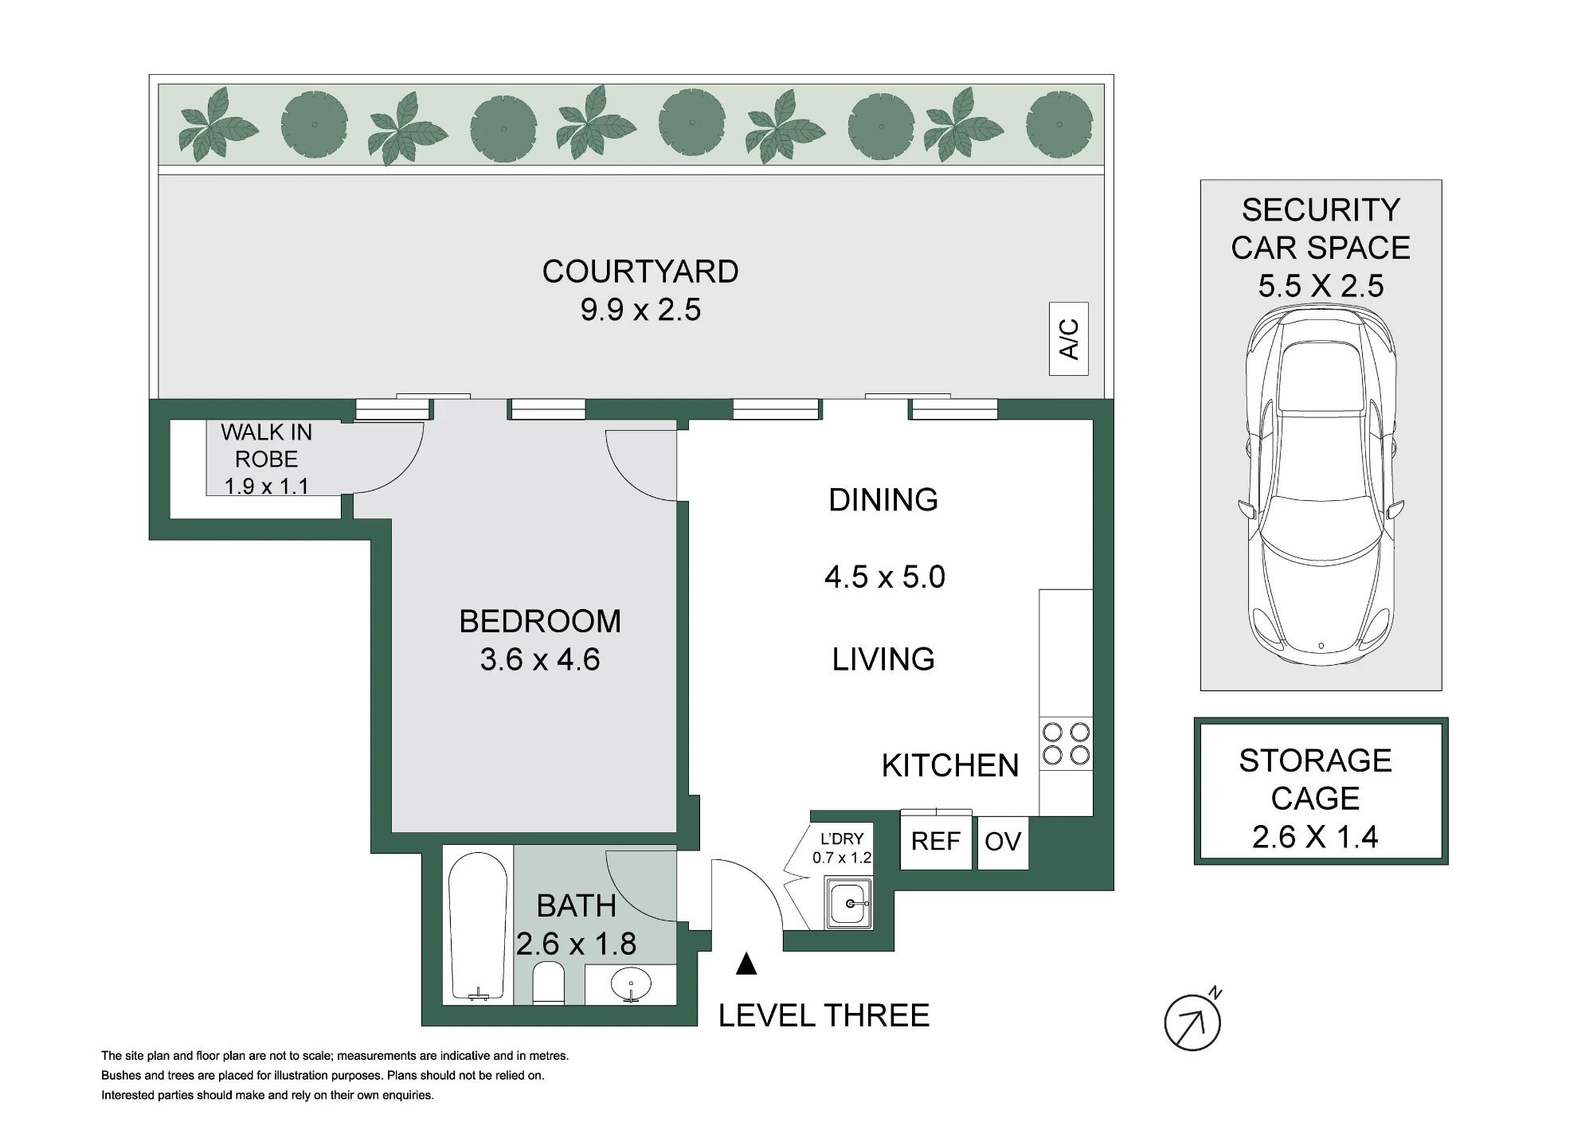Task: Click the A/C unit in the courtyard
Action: click(1069, 339)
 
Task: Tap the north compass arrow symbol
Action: click(1192, 1022)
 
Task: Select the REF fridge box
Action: click(936, 841)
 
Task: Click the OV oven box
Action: click(1003, 842)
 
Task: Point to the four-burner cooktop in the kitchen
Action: click(1066, 743)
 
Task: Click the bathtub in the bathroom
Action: click(478, 926)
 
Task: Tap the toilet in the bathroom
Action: click(547, 983)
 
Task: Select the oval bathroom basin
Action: click(631, 985)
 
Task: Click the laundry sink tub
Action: click(850, 903)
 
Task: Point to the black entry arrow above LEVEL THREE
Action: click(746, 964)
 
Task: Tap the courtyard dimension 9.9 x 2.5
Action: click(640, 310)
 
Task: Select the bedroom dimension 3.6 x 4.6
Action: click(540, 659)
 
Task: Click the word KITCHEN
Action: click(950, 765)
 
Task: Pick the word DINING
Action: click(883, 500)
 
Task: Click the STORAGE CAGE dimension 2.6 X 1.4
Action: click(1315, 837)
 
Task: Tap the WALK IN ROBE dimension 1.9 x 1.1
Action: click(266, 486)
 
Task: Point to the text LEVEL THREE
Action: click(824, 1015)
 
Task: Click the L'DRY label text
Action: click(842, 839)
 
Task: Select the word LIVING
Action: click(883, 659)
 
